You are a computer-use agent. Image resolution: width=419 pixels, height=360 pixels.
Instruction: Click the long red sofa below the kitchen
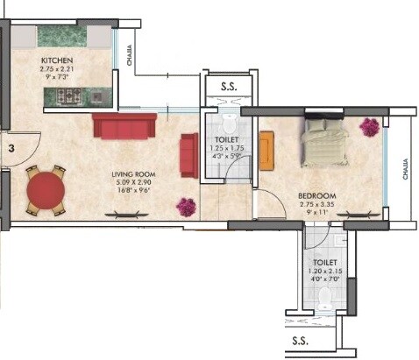click(124, 126)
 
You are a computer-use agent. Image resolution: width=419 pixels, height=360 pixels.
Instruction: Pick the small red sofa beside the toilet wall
click(188, 155)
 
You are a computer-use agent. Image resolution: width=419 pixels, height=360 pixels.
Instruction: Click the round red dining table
click(45, 190)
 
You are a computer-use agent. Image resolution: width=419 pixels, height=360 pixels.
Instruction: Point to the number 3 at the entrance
click(11, 148)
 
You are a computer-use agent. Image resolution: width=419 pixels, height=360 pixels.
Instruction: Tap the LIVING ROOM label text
click(132, 174)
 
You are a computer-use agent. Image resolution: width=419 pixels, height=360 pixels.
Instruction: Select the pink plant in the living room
click(186, 207)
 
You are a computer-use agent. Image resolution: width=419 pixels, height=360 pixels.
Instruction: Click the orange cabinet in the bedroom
click(266, 151)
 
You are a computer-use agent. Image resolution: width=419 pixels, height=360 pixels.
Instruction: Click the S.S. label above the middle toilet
click(229, 87)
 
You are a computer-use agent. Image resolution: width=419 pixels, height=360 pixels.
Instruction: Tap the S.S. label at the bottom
click(300, 342)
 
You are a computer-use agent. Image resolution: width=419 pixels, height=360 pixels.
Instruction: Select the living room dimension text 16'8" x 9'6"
click(132, 193)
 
